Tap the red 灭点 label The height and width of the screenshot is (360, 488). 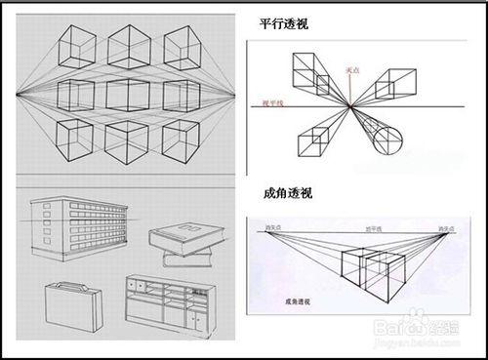(353, 70)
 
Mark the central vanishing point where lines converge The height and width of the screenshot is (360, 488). (349, 104)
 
